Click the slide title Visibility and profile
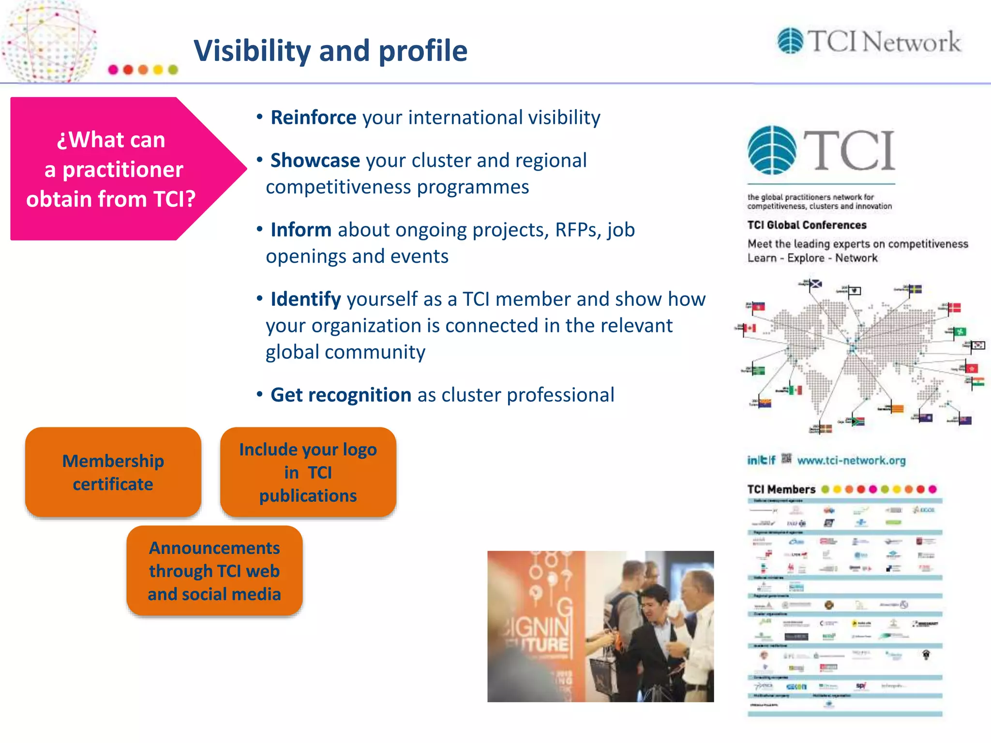point(330,51)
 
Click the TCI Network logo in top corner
point(869,42)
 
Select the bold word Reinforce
point(313,118)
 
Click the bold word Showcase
point(315,161)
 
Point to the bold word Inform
point(300,230)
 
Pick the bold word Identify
point(305,299)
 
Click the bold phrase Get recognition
point(341,395)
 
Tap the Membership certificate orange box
point(113,472)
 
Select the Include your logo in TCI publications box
point(308,472)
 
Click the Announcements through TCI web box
point(214,571)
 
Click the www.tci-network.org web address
point(851,461)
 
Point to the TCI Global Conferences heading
point(807,225)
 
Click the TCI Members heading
point(781,490)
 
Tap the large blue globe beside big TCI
point(772,150)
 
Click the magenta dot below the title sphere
point(113,70)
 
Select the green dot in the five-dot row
point(173,70)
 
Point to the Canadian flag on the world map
point(750,328)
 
